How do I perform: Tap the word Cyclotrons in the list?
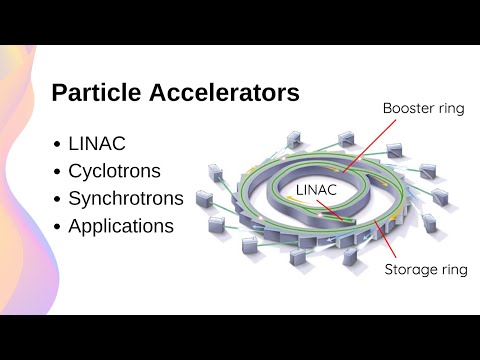[114, 170]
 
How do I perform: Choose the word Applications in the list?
[121, 226]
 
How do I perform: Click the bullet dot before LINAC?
[57, 143]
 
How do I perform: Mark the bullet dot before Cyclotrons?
[57, 171]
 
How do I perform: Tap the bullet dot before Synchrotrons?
[57, 199]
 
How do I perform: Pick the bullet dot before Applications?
[57, 227]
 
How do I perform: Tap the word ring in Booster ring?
[447, 107]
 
